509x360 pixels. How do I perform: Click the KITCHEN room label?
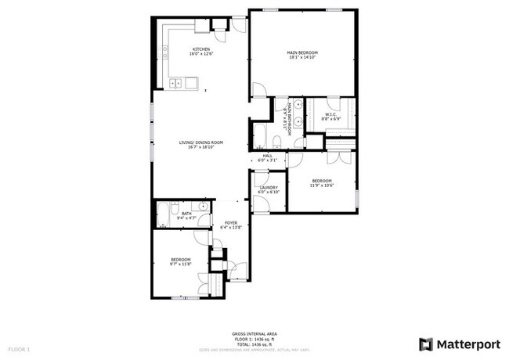(200, 49)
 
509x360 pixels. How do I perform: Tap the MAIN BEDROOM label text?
(302, 52)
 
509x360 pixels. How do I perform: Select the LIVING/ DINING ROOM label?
(201, 142)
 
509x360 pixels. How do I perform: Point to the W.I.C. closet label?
(330, 115)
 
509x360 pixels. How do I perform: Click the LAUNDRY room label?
(269, 188)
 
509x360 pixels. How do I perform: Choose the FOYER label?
(231, 222)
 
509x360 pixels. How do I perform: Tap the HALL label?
(267, 156)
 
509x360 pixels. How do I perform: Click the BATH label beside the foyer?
(186, 213)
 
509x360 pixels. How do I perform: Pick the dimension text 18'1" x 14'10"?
(302, 58)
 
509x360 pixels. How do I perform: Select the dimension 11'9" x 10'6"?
(322, 186)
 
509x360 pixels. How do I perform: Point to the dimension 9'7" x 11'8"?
(181, 265)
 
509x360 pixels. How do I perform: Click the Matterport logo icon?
(426, 344)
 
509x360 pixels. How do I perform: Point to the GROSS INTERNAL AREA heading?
(254, 333)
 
